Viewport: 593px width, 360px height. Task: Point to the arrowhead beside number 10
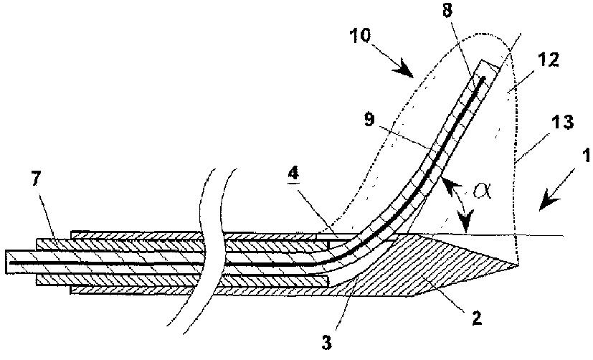tap(411, 75)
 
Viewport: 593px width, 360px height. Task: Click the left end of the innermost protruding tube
tap(6, 261)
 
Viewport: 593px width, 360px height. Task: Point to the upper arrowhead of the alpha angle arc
tap(449, 184)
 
